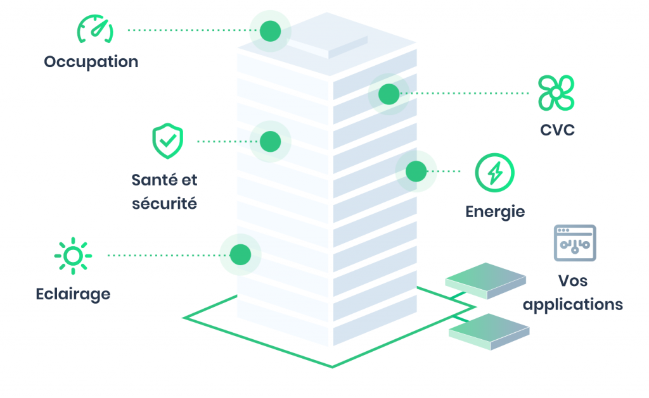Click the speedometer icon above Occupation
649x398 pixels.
pos(95,30)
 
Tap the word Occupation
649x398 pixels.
pos(91,62)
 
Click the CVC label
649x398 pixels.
pos(557,130)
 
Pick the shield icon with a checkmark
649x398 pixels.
pos(167,141)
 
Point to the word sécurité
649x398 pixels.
pos(164,204)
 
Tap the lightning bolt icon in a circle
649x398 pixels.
pos(495,171)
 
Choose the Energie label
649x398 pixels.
pos(495,211)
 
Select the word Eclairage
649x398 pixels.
pos(73,294)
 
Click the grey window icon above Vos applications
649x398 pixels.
pos(575,243)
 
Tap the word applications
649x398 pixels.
pos(573,304)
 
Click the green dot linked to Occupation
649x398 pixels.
pos(270,30)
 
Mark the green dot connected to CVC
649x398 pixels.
pos(389,94)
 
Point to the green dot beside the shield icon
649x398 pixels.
pos(270,141)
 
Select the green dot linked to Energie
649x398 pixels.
pos(416,171)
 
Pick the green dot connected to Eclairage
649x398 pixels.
pos(240,255)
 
